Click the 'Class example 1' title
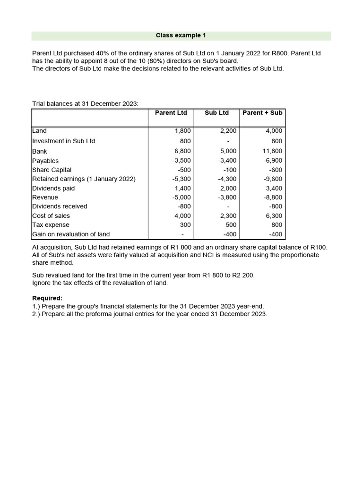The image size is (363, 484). pos(181,35)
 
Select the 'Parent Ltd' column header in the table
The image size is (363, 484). pos(171,112)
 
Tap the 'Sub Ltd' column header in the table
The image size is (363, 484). pos(216,112)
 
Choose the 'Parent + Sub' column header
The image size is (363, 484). pos(262,112)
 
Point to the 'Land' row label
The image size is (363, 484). pos(39,130)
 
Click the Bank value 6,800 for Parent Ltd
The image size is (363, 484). pos(182,151)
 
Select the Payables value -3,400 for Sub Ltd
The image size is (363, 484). pos(228,161)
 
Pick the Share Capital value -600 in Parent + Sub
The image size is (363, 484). pos(275,170)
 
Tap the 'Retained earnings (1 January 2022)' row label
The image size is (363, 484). pos(84,179)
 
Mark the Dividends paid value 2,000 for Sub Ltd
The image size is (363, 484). pos(228,188)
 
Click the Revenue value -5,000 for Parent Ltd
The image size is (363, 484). pos(181,198)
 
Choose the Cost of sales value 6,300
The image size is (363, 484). pos(274,216)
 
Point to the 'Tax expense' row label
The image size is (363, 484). pos(51,225)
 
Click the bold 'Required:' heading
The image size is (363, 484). pos(47,298)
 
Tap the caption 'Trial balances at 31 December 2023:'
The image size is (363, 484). pos(85,104)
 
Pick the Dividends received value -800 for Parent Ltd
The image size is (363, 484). pos(183,207)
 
